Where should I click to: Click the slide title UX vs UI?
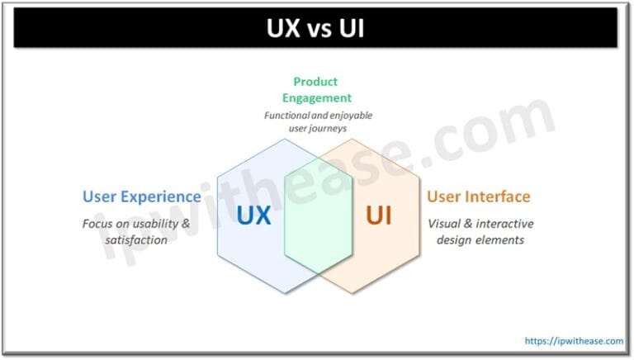coord(317,29)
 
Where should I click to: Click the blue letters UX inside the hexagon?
coord(254,216)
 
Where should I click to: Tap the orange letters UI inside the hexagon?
coord(379,216)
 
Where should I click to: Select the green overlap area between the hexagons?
coord(317,216)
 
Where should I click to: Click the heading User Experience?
coord(141,197)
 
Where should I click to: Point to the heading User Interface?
coord(479,197)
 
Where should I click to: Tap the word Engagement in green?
coord(317,98)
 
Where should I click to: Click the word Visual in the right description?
coord(446,224)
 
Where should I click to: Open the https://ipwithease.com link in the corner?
coord(575,340)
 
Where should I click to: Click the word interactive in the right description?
coord(504,224)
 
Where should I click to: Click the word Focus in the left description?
coord(98,224)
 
